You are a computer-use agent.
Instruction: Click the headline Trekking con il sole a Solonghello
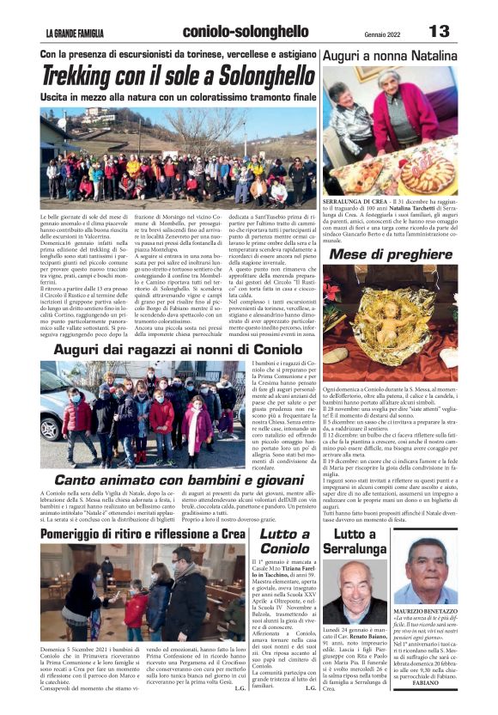[x=179, y=76]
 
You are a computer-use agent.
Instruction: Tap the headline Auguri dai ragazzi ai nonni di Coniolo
[x=179, y=350]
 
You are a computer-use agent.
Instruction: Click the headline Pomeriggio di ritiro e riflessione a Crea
[x=142, y=534]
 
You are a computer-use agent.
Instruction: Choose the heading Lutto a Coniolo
[x=284, y=541]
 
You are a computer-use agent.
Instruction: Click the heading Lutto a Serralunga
[x=355, y=541]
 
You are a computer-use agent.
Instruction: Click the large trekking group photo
[x=179, y=156]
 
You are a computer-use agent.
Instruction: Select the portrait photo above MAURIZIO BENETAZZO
[x=425, y=570]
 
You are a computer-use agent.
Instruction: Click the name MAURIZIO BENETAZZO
[x=425, y=609]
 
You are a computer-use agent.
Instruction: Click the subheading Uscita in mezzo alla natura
[x=179, y=98]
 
